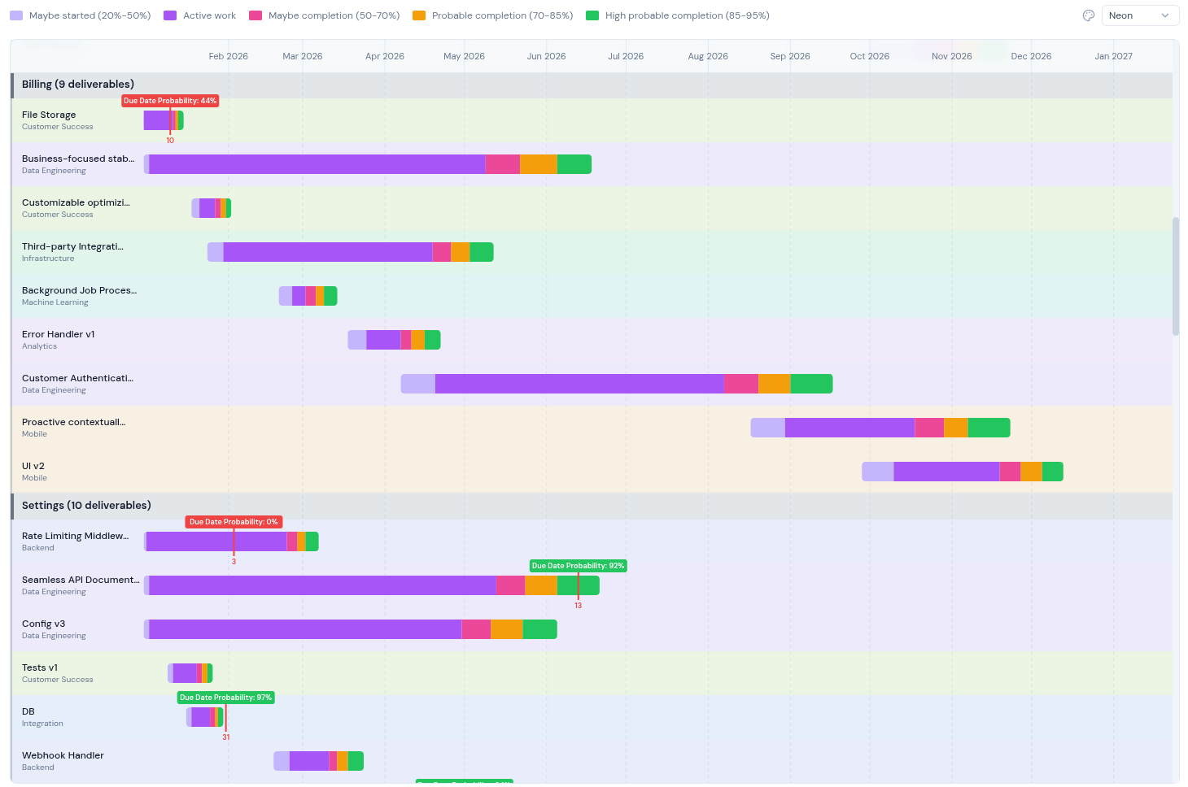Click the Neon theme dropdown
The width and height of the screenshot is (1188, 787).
[1139, 15]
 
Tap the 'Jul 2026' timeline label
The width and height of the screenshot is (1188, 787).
[626, 56]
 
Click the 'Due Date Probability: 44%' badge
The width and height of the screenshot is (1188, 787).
[170, 101]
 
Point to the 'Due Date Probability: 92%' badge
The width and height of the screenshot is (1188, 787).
[578, 566]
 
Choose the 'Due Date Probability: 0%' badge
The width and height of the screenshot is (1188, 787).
[234, 522]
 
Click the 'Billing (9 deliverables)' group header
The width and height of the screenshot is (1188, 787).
[78, 85]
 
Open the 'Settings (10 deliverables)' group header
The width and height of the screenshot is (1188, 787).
[86, 506]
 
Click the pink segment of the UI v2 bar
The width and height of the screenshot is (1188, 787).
[1010, 472]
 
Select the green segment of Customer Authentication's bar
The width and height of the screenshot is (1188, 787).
[811, 384]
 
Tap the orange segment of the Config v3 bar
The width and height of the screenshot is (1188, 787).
[506, 629]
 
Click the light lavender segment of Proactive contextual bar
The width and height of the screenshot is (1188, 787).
[767, 428]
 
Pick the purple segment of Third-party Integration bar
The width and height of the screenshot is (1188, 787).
[327, 252]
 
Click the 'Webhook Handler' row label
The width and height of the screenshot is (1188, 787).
[63, 756]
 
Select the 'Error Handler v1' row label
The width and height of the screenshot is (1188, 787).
[58, 335]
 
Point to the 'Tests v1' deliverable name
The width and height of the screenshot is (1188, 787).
[40, 668]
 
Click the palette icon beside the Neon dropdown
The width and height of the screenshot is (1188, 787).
[1089, 15]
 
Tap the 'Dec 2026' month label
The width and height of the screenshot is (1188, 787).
[1031, 56]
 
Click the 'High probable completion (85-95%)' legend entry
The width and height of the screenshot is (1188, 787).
[678, 15]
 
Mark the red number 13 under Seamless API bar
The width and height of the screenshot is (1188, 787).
[578, 606]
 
